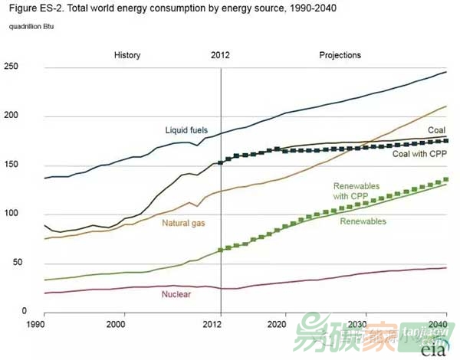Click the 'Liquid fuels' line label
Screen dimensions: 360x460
pyautogui.click(x=186, y=130)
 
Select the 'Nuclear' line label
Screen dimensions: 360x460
pyautogui.click(x=176, y=293)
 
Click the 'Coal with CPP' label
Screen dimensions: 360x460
pyautogui.click(x=419, y=154)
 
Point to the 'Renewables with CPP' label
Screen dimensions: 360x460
pyautogui.click(x=357, y=191)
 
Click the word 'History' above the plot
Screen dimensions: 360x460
pyautogui.click(x=128, y=55)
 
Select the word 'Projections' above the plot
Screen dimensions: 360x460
pyautogui.click(x=340, y=55)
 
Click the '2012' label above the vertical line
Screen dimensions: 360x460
pyautogui.click(x=220, y=55)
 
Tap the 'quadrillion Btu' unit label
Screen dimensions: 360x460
pyautogui.click(x=33, y=27)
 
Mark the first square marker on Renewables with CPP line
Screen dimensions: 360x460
pyautogui.click(x=221, y=250)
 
